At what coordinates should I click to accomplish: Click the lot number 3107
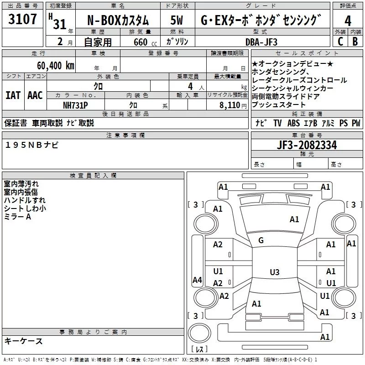[23, 20]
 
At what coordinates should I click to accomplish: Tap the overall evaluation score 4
[348, 21]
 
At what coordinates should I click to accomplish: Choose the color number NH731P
[75, 104]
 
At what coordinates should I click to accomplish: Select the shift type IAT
[13, 95]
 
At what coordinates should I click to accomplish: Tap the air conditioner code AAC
[35, 95]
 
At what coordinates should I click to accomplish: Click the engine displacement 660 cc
[139, 42]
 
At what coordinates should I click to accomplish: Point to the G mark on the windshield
[261, 240]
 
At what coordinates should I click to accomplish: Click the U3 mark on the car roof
[274, 272]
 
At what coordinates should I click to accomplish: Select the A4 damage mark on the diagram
[197, 280]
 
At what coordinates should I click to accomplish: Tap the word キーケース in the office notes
[24, 341]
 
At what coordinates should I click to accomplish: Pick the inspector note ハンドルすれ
[25, 200]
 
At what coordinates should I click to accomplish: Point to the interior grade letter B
[355, 42]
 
